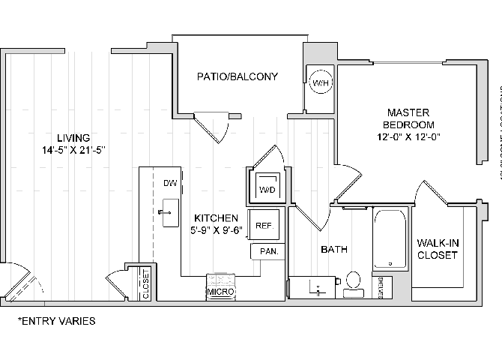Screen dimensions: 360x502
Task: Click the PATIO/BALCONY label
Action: pos(238,76)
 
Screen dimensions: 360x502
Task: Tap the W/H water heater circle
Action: pos(321,82)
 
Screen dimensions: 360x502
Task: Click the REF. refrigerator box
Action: pos(264,225)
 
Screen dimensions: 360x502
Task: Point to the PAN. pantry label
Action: pos(268,252)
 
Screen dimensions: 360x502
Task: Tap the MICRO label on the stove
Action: pos(221,291)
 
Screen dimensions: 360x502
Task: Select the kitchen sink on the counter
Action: pos(169,212)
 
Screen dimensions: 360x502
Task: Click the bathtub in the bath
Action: pos(390,238)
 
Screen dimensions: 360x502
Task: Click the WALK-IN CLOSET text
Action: pos(438,248)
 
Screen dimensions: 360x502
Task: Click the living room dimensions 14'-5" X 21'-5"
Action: pos(73,149)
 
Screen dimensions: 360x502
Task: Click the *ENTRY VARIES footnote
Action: pos(57,321)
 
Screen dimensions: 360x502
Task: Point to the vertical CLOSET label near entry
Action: pos(145,284)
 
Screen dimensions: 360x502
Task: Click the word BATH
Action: pos(333,249)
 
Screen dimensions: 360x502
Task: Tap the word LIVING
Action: pos(73,138)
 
